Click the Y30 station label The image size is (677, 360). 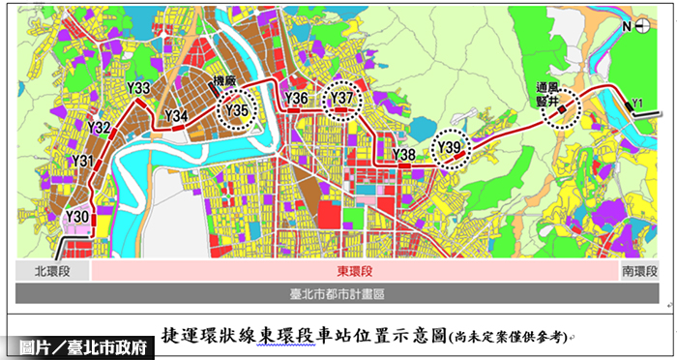click(78, 215)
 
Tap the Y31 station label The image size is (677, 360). click(83, 161)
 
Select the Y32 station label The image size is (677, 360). click(99, 127)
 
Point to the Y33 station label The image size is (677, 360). click(138, 89)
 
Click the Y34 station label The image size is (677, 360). click(176, 116)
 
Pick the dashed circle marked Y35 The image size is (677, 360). click(238, 109)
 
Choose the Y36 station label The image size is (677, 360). click(297, 99)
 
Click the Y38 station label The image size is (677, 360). click(404, 155)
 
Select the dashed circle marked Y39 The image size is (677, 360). click(451, 147)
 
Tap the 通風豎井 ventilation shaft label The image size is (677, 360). click(548, 94)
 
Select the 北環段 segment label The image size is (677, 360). click(52, 272)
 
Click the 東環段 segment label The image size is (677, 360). click(354, 272)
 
